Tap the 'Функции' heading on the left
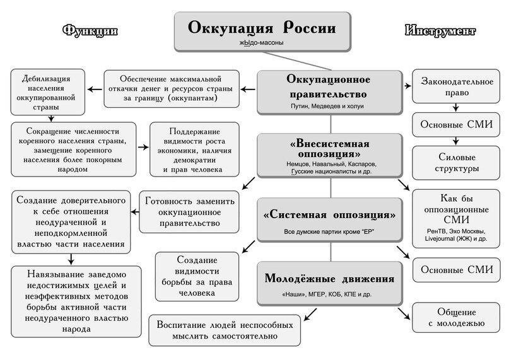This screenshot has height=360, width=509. pyautogui.click(x=91, y=31)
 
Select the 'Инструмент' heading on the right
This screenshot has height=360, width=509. pyautogui.click(x=441, y=31)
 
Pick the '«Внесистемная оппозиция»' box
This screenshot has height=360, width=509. pyautogui.click(x=330, y=154)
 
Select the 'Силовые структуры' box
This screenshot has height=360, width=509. pyautogui.click(x=452, y=163)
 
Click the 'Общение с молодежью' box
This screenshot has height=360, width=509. pyautogui.click(x=452, y=317)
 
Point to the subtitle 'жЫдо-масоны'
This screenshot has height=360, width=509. pyautogui.click(x=260, y=43)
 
